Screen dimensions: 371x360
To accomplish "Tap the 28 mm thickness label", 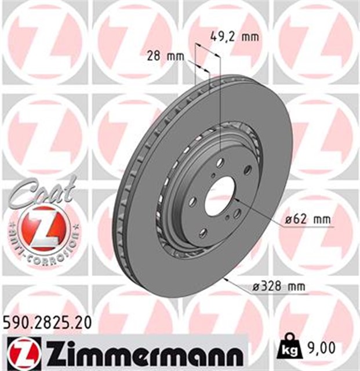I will pyautogui.click(x=163, y=57).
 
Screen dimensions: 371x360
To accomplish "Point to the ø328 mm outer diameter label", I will pyautogui.click(x=281, y=286).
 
